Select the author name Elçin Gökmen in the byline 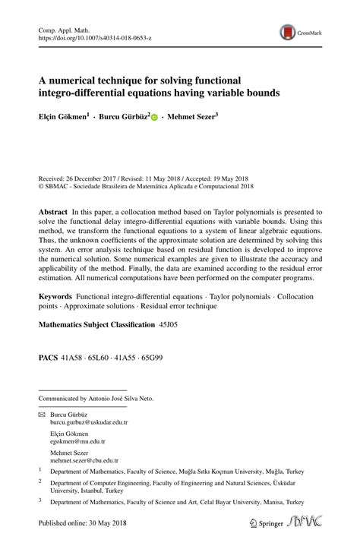[x=63, y=118]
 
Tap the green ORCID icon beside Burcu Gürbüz [x=154, y=118]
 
